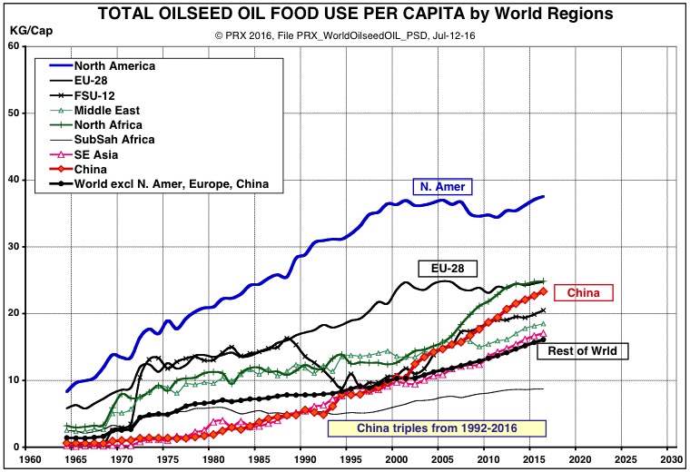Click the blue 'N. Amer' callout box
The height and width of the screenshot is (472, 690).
tap(447, 187)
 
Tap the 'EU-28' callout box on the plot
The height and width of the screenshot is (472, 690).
tap(448, 269)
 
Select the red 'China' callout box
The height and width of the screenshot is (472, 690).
tap(583, 292)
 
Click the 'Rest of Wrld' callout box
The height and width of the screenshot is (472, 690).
tap(583, 350)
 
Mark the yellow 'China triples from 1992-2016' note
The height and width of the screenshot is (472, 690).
tap(437, 428)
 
